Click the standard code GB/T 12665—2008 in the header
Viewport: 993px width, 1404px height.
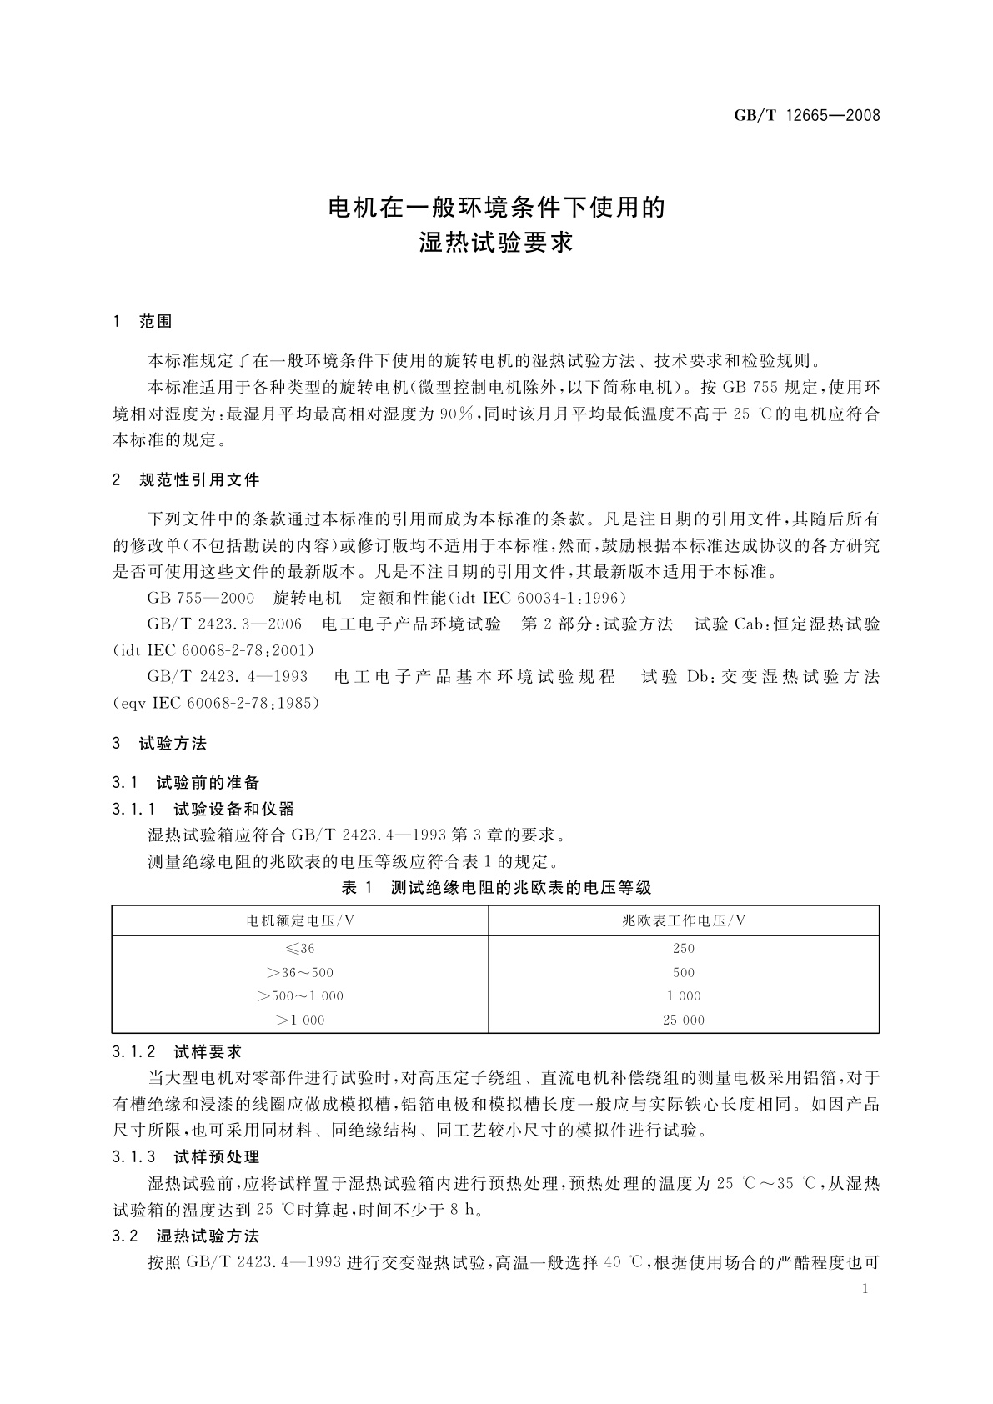[806, 116]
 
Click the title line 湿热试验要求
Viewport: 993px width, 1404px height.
[496, 243]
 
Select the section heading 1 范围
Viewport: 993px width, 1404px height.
[143, 322]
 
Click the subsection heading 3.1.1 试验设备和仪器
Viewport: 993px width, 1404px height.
[203, 809]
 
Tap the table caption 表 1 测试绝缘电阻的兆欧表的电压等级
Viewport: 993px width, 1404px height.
[496, 888]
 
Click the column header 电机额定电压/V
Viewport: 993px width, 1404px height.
[300, 920]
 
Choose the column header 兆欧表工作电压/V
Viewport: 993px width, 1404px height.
[684, 920]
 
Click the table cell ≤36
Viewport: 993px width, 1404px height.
[300, 949]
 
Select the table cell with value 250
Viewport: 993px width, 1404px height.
[684, 949]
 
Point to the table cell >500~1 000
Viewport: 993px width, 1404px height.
[300, 996]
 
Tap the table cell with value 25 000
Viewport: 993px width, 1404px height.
[684, 1020]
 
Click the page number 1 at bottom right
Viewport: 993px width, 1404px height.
[865, 1289]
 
